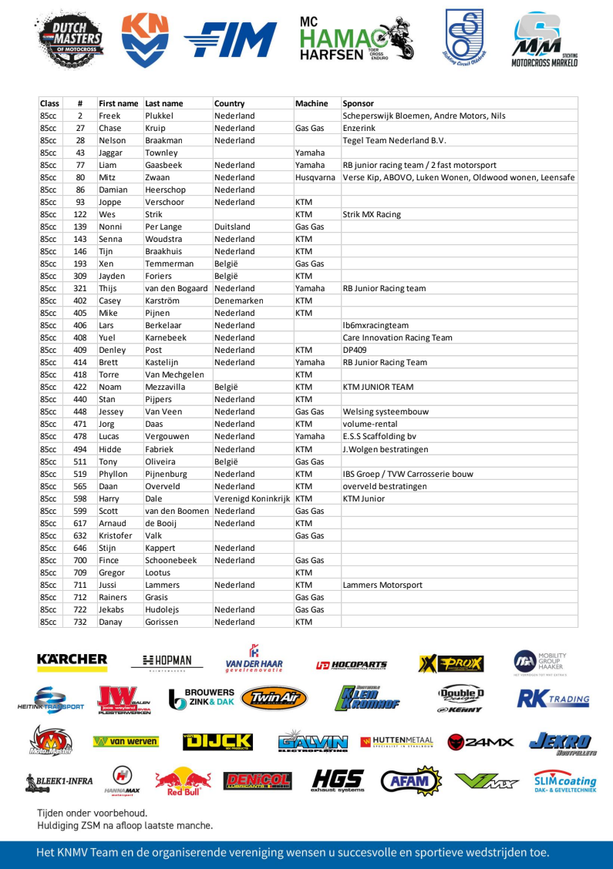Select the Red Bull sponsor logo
pyautogui.click(x=178, y=780)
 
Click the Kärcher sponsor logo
pyautogui.click(x=72, y=660)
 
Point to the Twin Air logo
pyautogui.click(x=274, y=699)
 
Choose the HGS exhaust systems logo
pyautogui.click(x=336, y=780)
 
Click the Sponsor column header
pyautogui.click(x=358, y=103)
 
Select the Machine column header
pyautogui.click(x=312, y=103)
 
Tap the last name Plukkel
pyautogui.click(x=162, y=116)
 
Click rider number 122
pyautogui.click(x=80, y=214)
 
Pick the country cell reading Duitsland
pyautogui.click(x=232, y=226)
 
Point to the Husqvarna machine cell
pyautogui.click(x=315, y=177)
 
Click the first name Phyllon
pyautogui.click(x=113, y=474)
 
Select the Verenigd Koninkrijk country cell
pyautogui.click(x=252, y=498)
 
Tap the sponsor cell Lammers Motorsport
pyautogui.click(x=382, y=585)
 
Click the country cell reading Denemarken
pyautogui.click(x=238, y=300)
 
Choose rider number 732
pyautogui.click(x=80, y=622)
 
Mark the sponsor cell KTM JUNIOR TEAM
pyautogui.click(x=380, y=387)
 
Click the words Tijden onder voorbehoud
pyautogui.click(x=93, y=813)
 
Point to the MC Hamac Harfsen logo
pyautogui.click(x=356, y=39)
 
